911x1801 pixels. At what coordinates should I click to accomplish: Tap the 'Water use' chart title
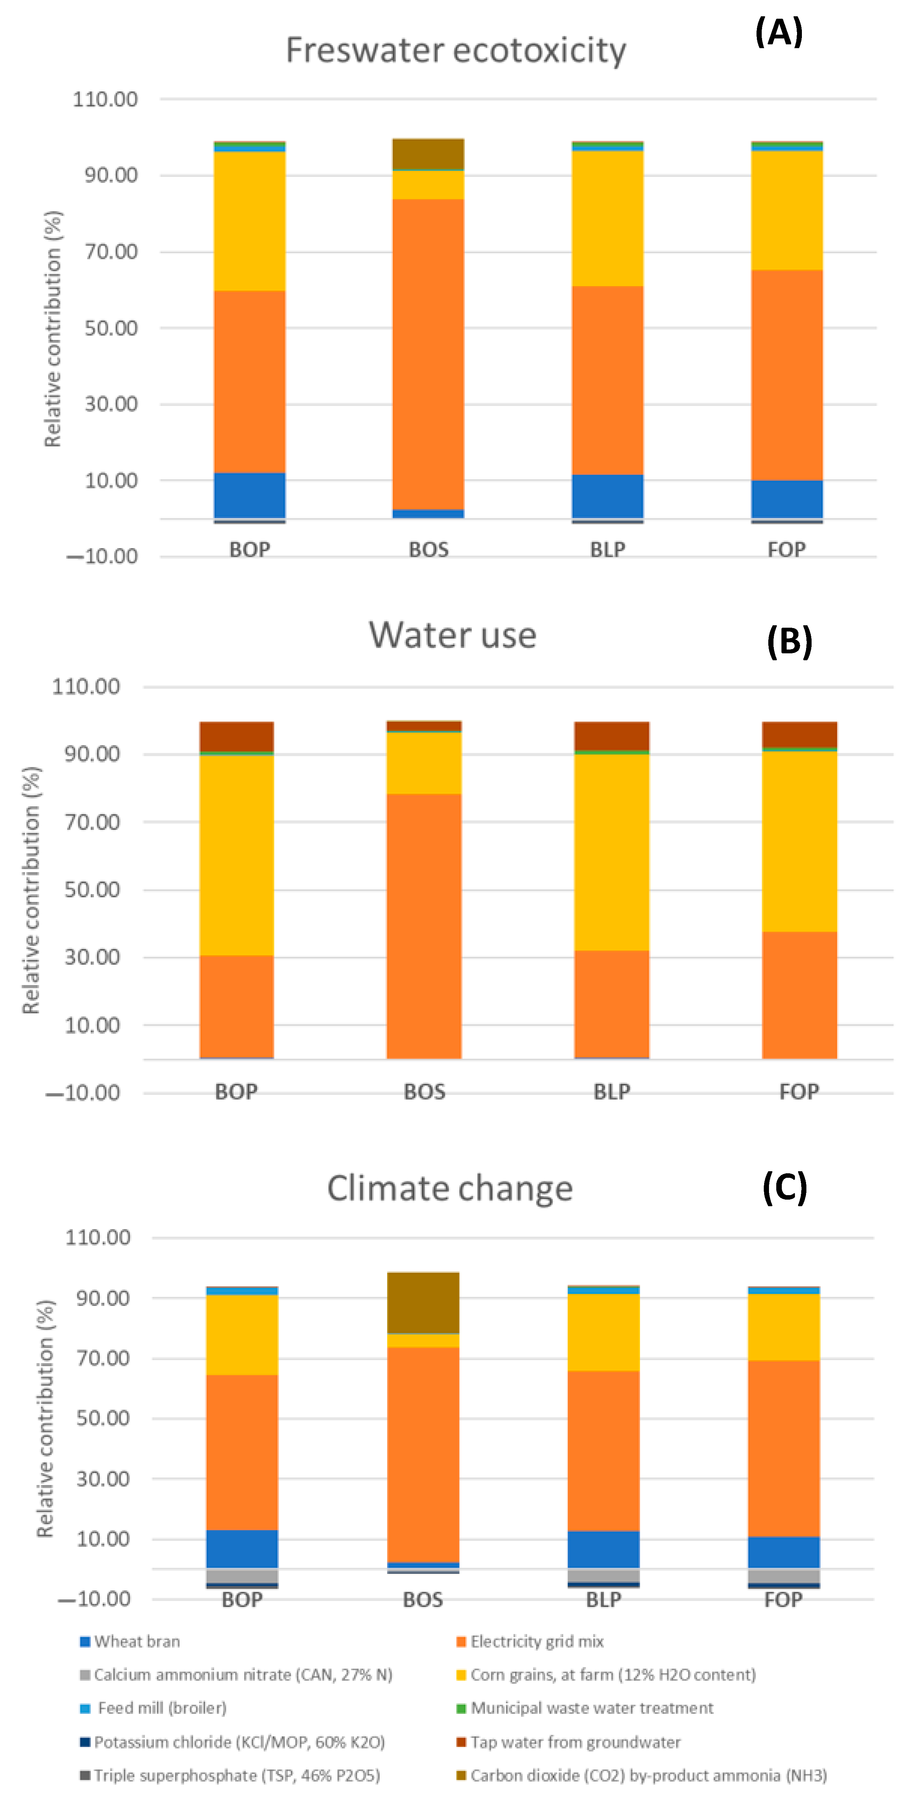tap(452, 635)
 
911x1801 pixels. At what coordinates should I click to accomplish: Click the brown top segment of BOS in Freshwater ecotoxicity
tap(428, 154)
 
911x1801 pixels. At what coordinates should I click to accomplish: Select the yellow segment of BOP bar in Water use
tap(236, 854)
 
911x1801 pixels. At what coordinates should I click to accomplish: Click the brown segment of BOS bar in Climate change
tap(423, 1302)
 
